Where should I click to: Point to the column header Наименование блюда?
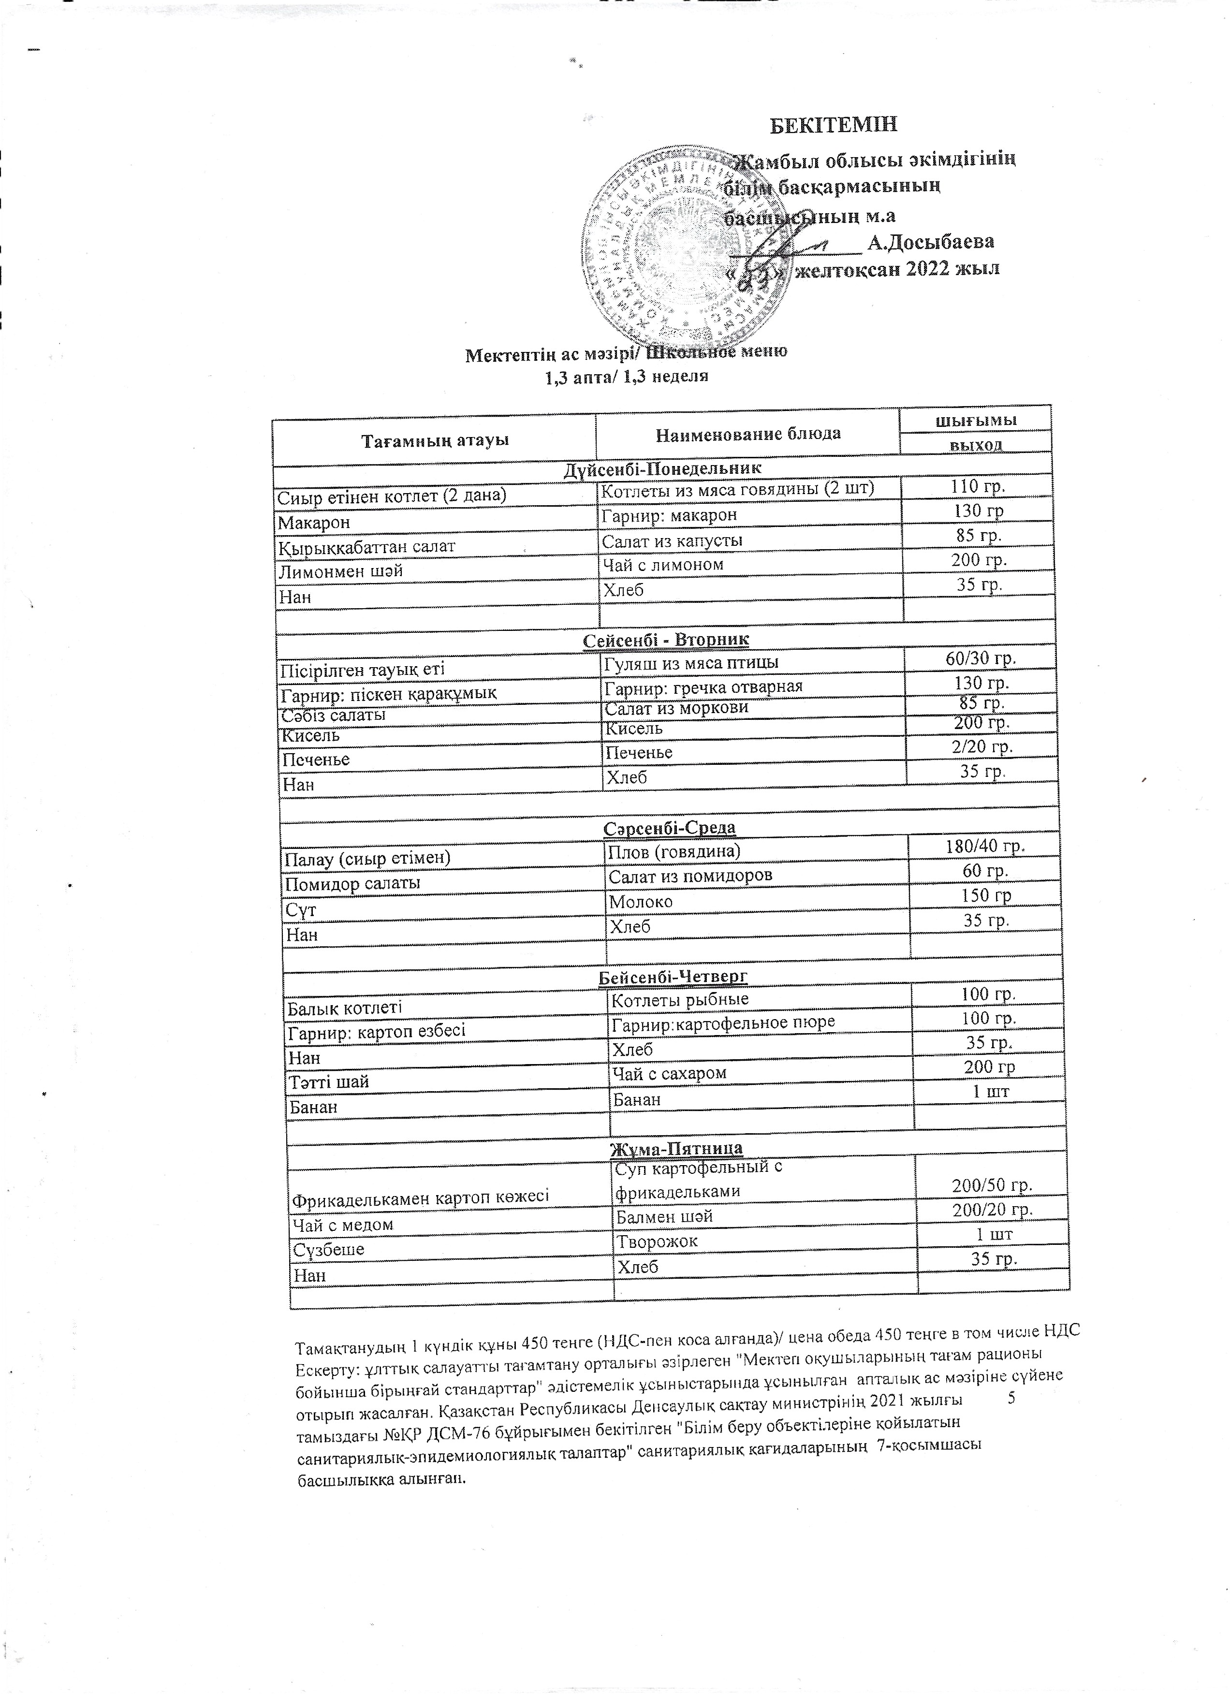pos(747,433)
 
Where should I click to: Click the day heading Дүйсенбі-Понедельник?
pos(662,468)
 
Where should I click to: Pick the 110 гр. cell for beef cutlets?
pos(977,487)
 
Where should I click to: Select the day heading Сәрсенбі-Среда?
pos(669,828)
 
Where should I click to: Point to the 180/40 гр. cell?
pos(983,846)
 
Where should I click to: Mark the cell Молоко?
pos(641,902)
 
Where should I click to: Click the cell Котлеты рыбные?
pos(680,999)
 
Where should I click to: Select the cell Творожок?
pos(657,1242)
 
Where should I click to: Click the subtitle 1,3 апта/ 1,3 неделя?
pos(626,377)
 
